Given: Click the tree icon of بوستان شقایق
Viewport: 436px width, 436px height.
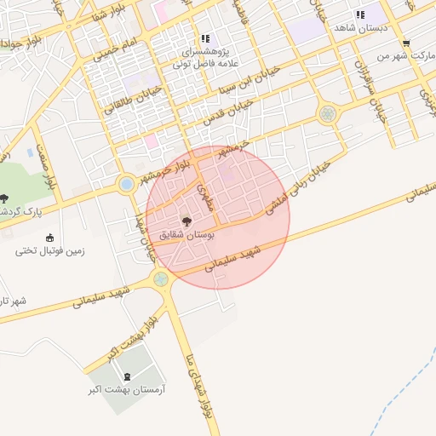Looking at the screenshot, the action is [187, 220].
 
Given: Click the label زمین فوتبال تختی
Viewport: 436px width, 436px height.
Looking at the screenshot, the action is [50, 251].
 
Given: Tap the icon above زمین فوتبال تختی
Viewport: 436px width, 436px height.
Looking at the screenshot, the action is [49, 238].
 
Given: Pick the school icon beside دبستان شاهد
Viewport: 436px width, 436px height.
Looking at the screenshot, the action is [360, 14].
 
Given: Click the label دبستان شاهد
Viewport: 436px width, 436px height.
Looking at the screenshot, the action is [361, 28].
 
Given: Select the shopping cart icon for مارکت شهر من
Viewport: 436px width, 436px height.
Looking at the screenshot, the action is [406, 43].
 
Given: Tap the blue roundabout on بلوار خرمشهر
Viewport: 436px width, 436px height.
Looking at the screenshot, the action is [127, 183].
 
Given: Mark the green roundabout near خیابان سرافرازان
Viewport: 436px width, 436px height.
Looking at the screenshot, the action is [327, 113].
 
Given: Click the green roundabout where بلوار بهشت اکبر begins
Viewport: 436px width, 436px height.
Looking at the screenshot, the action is [161, 278].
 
